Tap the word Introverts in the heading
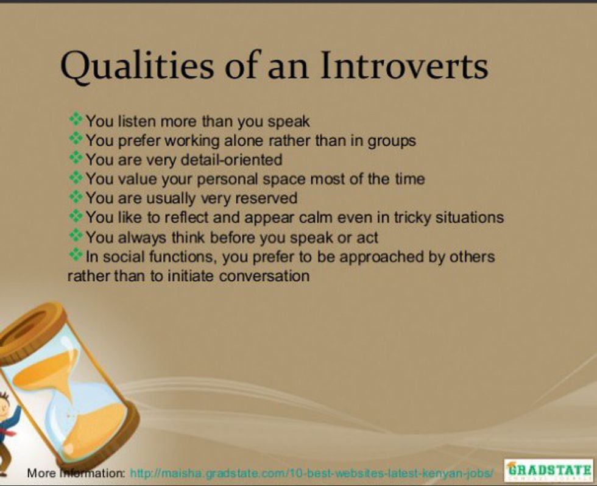(x=404, y=65)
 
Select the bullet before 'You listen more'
(x=76, y=119)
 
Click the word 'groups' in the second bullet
(x=391, y=141)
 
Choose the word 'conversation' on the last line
(x=264, y=276)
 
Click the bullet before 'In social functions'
(x=76, y=254)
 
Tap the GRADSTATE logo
(x=549, y=470)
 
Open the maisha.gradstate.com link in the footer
(x=312, y=473)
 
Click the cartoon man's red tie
(x=7, y=431)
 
